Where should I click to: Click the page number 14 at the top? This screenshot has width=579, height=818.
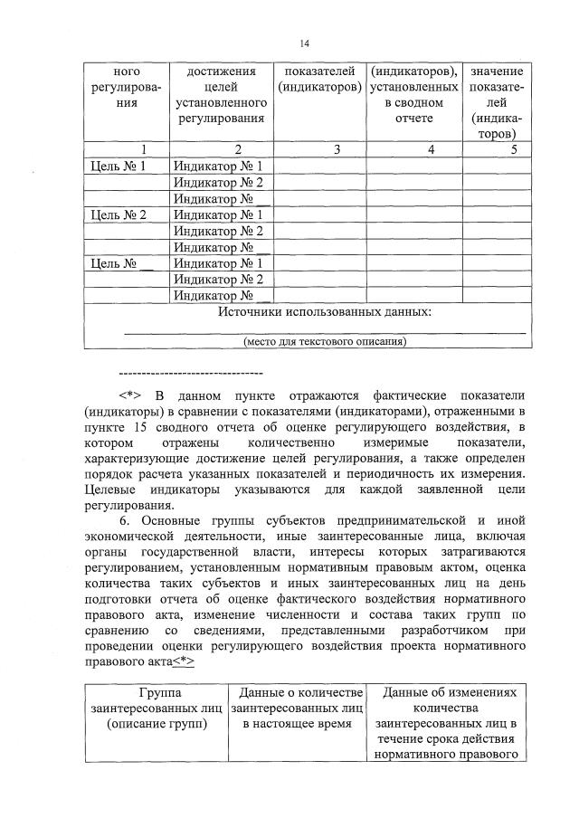(305, 43)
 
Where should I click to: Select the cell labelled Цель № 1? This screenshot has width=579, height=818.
(119, 166)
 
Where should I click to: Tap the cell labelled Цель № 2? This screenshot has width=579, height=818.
(119, 215)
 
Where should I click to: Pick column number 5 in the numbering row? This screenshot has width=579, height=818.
(513, 150)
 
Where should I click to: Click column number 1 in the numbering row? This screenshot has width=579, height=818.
(119, 150)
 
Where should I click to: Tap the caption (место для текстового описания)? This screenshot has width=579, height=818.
(325, 342)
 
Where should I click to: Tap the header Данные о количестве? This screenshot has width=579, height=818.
(298, 692)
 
